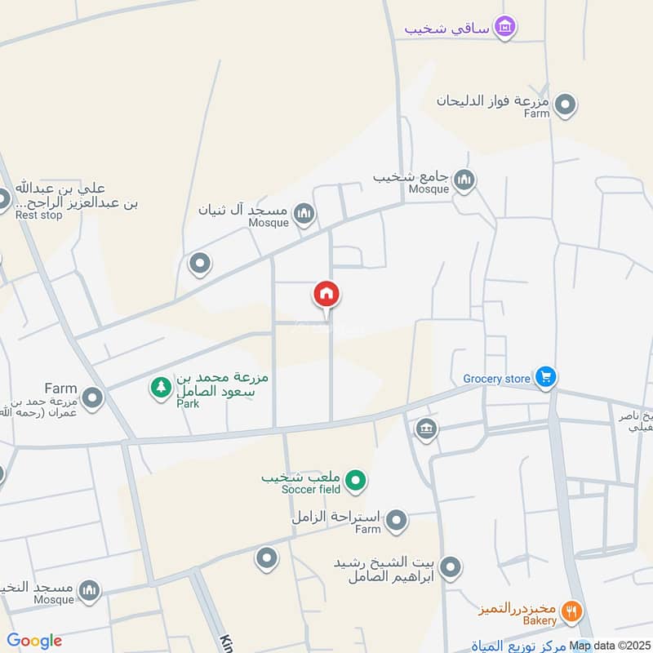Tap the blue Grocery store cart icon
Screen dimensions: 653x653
click(546, 377)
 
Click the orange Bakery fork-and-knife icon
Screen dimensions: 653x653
click(573, 611)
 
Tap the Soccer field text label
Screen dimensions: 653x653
click(310, 490)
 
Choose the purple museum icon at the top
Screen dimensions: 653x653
click(506, 27)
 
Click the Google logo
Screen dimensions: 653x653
click(34, 641)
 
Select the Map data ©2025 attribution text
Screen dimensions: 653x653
click(611, 646)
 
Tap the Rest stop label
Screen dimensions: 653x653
click(39, 216)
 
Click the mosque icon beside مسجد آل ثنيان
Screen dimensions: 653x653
click(304, 215)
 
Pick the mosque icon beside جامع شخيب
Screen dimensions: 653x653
click(464, 180)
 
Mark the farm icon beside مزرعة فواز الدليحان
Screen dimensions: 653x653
click(565, 105)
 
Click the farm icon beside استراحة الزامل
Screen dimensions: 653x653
click(396, 520)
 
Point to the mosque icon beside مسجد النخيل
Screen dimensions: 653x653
click(89, 589)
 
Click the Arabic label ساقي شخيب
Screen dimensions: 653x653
click(447, 28)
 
